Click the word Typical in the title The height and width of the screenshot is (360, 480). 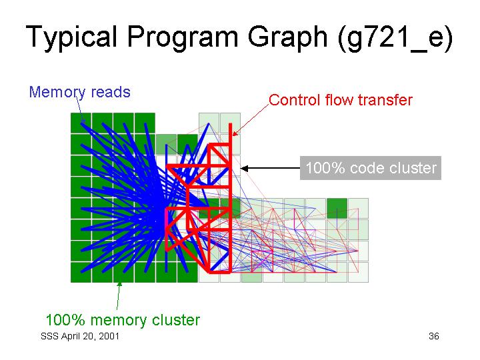point(71,37)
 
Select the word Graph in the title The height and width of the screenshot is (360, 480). point(287,37)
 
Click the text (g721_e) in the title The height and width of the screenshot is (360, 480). point(395,38)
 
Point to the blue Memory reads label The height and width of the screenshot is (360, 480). point(80,92)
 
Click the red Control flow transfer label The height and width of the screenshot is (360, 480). point(341,100)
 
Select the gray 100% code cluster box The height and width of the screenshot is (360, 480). point(371,168)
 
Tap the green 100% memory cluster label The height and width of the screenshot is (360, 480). point(123,320)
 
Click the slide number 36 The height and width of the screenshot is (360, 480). point(434,336)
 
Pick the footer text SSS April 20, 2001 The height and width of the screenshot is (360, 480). point(80,336)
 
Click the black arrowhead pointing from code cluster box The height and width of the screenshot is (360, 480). point(244,168)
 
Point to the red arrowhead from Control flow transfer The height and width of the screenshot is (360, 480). point(235,133)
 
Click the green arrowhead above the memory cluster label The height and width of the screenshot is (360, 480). point(120,285)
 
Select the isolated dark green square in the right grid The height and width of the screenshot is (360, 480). point(337,209)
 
